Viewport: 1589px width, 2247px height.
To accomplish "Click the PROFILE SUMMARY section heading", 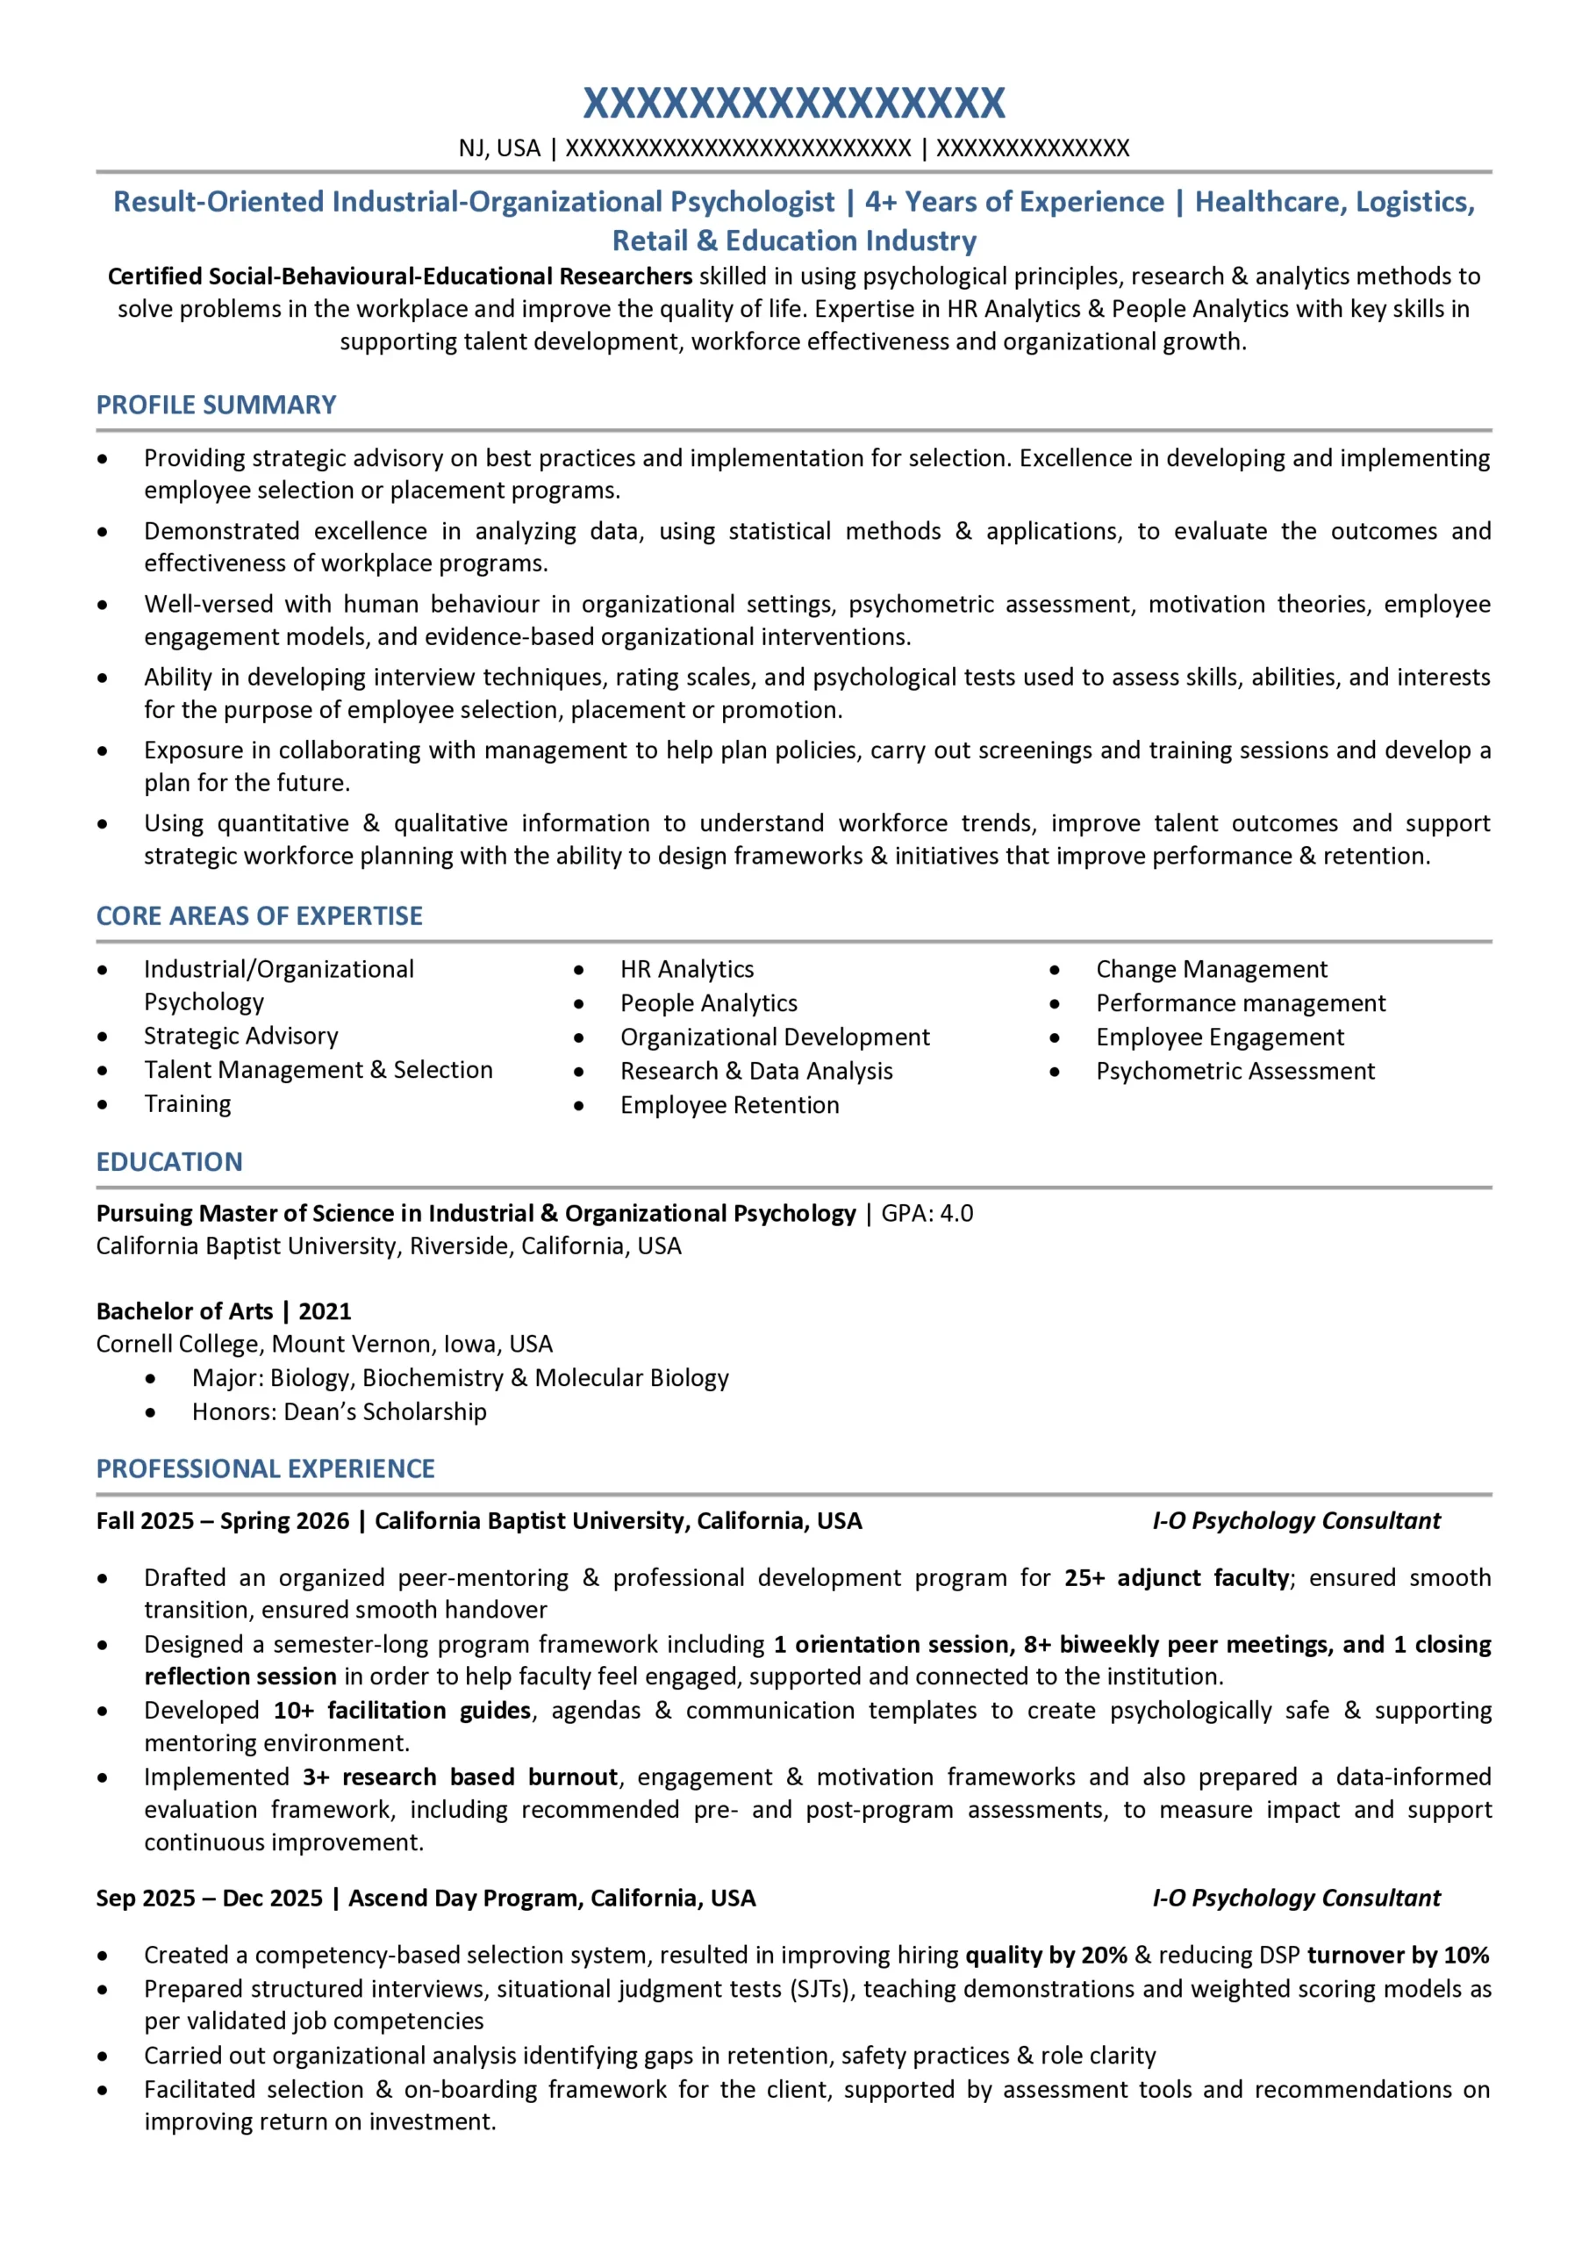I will (215, 406).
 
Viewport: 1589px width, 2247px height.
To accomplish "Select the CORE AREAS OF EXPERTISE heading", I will (260, 916).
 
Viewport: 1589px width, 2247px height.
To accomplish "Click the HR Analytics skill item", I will (687, 969).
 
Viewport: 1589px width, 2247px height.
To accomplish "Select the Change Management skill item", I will (1212, 969).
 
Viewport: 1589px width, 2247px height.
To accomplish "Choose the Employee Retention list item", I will (729, 1105).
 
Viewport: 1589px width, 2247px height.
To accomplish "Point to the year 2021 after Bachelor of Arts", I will (325, 1311).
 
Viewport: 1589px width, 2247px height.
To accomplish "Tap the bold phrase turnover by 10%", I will (1397, 1956).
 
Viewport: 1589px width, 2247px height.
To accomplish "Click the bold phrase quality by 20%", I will (1046, 1956).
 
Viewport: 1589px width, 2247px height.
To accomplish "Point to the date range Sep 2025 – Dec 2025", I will (210, 1899).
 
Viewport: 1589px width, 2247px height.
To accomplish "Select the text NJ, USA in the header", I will (499, 148).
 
